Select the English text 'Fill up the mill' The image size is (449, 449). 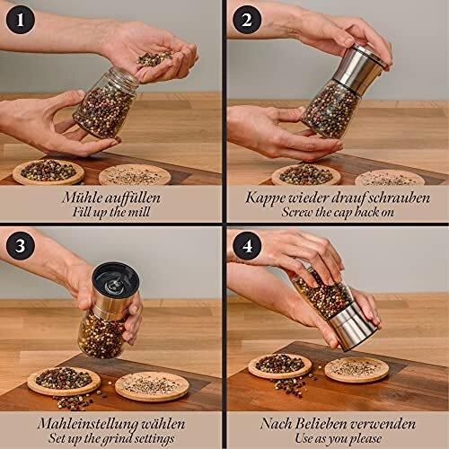click(111, 214)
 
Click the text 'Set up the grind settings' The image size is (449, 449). click(111, 437)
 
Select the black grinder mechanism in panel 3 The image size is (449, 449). click(111, 283)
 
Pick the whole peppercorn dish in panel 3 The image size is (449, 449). click(63, 380)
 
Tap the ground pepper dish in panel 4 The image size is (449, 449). click(356, 368)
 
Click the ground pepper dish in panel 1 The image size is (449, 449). click(136, 173)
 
